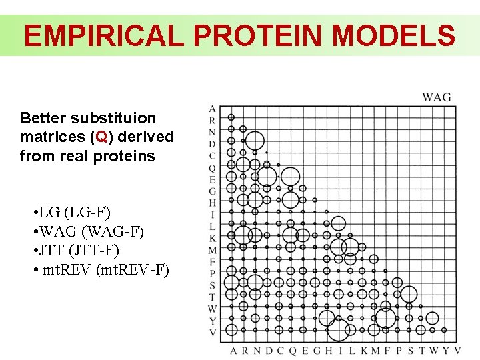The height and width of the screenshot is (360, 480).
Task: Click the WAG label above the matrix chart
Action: [x=437, y=97]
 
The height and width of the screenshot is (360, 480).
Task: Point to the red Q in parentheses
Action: [x=102, y=137]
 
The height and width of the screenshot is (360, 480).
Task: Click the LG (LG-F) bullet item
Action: [x=71, y=213]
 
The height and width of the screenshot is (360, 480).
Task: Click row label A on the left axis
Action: [x=212, y=109]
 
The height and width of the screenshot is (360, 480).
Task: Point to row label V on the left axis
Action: [x=212, y=332]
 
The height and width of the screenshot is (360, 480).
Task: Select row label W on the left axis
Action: [x=212, y=309]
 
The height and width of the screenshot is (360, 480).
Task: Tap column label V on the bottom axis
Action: [x=457, y=351]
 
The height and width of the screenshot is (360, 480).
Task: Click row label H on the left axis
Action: [x=212, y=203]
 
